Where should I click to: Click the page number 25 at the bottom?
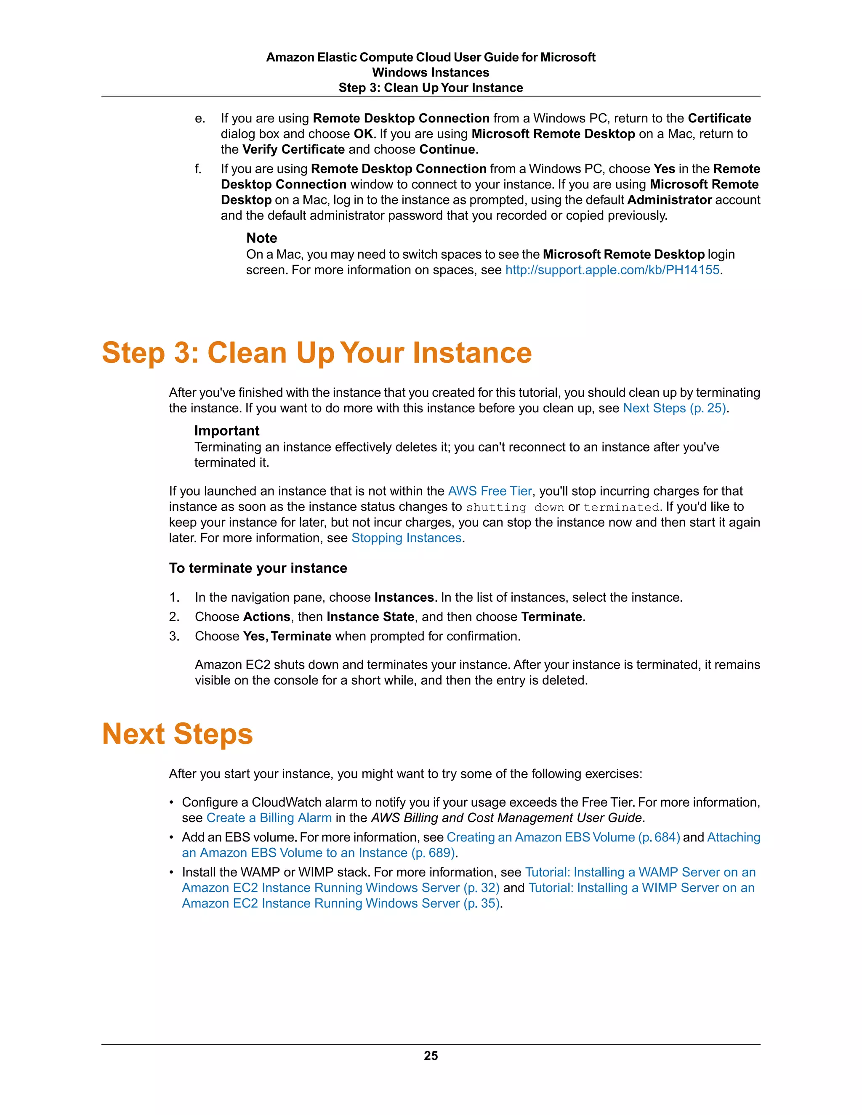(431, 1056)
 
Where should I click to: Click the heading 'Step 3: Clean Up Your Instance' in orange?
(317, 353)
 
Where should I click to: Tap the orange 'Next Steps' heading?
(177, 734)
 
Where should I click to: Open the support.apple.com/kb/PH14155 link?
(612, 270)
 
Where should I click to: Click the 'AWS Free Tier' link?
(490, 491)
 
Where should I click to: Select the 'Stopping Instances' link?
(407, 538)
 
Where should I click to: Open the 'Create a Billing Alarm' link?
(269, 818)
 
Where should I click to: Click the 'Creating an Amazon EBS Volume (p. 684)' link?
(563, 837)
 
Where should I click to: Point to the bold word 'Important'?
(227, 431)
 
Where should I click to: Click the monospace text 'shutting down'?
(515, 507)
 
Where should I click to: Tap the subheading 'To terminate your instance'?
(258, 568)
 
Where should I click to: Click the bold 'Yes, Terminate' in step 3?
(287, 637)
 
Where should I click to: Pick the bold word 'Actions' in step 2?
(266, 617)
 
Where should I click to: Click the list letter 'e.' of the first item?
(200, 119)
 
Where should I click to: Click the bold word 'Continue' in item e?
(447, 150)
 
